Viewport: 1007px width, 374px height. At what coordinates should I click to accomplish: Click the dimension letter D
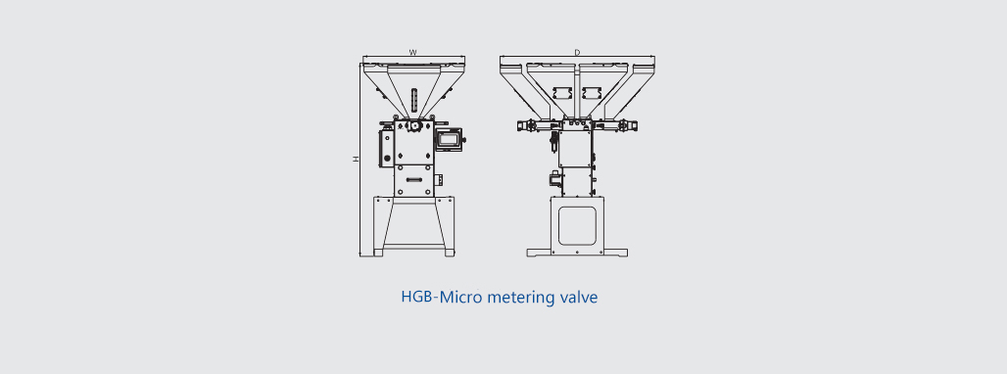tap(577, 53)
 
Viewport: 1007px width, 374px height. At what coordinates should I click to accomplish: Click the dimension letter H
tap(356, 159)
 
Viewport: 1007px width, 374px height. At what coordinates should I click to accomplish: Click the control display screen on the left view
tap(449, 137)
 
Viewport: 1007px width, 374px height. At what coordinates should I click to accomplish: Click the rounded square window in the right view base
tap(576, 225)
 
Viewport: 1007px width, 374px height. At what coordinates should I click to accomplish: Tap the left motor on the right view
tap(528, 125)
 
